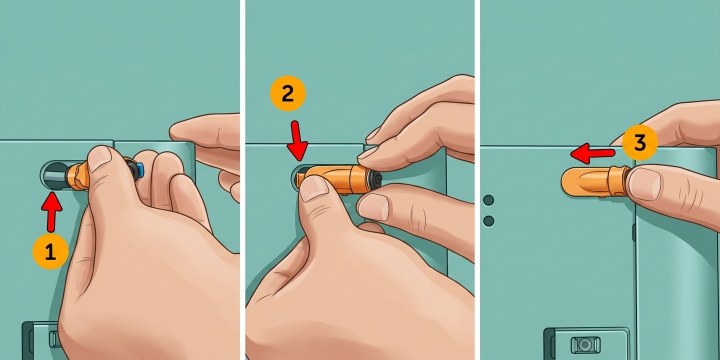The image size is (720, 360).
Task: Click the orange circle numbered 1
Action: (x=50, y=251)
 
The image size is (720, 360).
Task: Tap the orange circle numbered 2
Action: (x=287, y=94)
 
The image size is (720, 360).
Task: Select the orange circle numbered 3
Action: (x=639, y=143)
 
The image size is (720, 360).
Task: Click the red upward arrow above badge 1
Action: (x=51, y=211)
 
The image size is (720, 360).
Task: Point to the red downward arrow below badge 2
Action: (x=297, y=141)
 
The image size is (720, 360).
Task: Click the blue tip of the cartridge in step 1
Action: (x=140, y=169)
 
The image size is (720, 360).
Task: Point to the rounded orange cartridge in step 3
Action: (x=594, y=182)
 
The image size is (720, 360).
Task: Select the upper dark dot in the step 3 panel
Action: (x=488, y=200)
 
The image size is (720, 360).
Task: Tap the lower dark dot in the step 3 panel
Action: (x=488, y=221)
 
